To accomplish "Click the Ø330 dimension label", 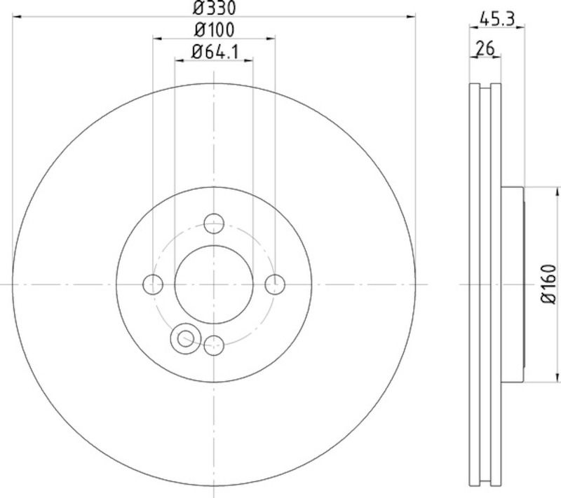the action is (x=215, y=8).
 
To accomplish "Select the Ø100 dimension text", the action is (x=215, y=30).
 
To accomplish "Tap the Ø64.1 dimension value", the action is (x=215, y=52).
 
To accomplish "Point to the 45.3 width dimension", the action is (x=496, y=19).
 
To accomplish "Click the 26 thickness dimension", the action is (x=485, y=48).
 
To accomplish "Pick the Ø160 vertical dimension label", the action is (x=548, y=284).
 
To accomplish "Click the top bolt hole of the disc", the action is (x=214, y=223).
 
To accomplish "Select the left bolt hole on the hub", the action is (x=153, y=285).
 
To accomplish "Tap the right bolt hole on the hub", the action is (x=275, y=285).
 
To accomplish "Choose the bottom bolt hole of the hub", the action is (x=214, y=345).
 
